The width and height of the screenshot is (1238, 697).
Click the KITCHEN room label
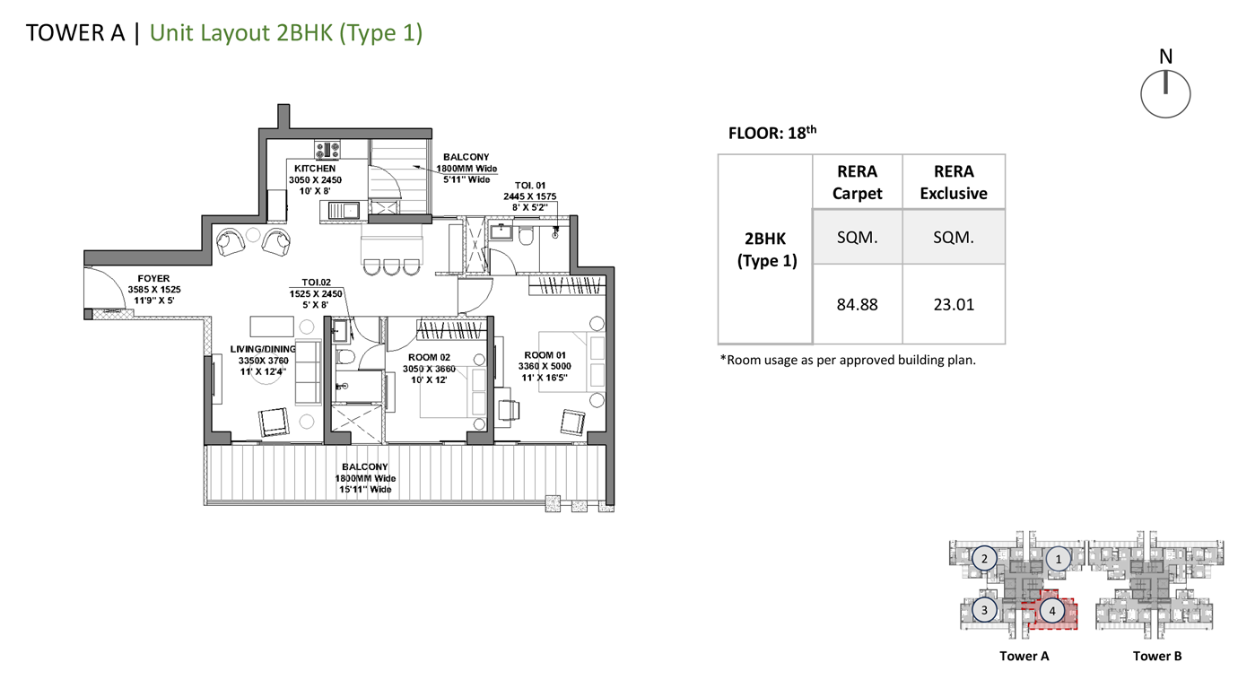(x=315, y=168)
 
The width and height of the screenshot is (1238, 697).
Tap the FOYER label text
(x=153, y=279)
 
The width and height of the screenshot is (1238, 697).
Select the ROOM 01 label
(x=545, y=355)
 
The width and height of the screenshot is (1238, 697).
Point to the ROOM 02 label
(x=429, y=358)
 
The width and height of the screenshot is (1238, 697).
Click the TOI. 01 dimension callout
(x=530, y=196)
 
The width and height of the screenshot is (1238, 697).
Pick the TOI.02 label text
(x=316, y=283)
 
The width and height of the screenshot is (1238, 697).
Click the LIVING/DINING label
(x=263, y=349)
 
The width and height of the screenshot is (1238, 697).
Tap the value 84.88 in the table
(x=858, y=305)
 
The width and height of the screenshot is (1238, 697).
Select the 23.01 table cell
(x=954, y=305)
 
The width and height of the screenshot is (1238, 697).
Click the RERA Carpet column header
(x=858, y=182)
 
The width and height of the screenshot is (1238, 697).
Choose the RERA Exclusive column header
(x=954, y=182)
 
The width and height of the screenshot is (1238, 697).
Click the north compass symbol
(x=1165, y=93)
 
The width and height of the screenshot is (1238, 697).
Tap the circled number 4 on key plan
(x=1052, y=611)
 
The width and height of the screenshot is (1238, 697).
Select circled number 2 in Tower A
(x=984, y=559)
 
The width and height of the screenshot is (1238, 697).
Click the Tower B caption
(x=1157, y=656)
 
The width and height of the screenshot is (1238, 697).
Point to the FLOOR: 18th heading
(x=772, y=133)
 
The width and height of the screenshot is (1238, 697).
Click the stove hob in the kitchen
(x=327, y=150)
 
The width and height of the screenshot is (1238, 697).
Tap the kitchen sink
(x=344, y=211)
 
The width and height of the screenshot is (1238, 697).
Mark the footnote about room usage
(x=848, y=361)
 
